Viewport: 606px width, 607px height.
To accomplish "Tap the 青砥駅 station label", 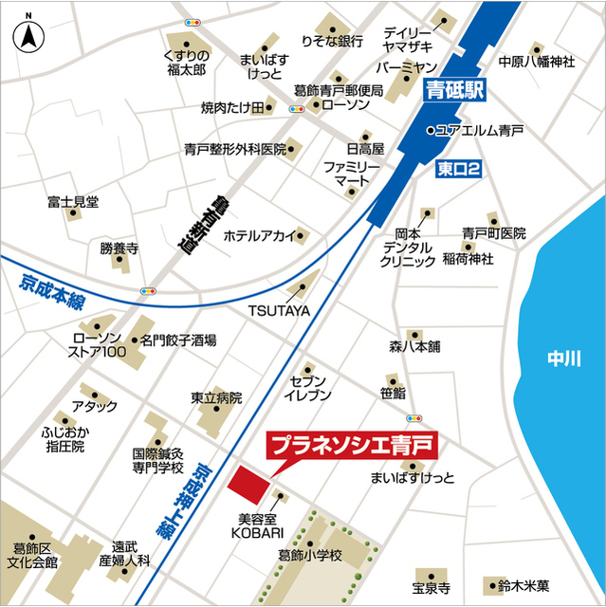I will tap(455, 92).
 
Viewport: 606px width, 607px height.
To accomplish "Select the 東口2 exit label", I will tap(460, 169).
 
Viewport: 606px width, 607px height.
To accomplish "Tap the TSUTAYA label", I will tap(280, 309).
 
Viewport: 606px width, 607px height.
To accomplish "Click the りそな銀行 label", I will tap(332, 42).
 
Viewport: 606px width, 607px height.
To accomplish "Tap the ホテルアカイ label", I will tap(259, 236).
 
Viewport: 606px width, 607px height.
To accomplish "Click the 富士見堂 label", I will tap(73, 202).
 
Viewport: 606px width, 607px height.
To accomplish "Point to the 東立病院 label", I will tap(216, 397).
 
